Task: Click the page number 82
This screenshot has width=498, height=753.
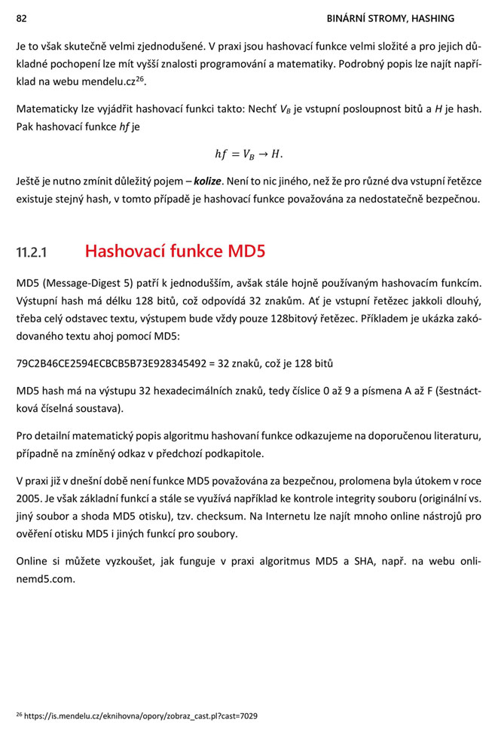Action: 22,17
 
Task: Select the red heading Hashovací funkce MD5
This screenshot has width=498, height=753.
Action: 175,251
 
